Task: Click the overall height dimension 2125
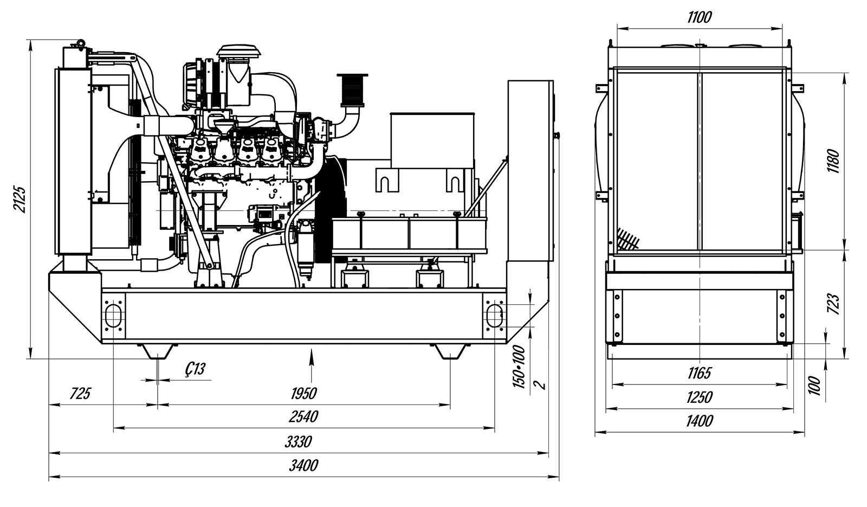pyautogui.click(x=20, y=200)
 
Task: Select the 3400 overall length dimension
pyautogui.click(x=304, y=465)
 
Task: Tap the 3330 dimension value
pyautogui.click(x=298, y=441)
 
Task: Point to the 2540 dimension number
pyautogui.click(x=303, y=417)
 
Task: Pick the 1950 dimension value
pyautogui.click(x=304, y=394)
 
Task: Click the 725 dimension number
pyautogui.click(x=80, y=394)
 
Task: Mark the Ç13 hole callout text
pyautogui.click(x=195, y=369)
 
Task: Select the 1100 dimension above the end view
pyautogui.click(x=700, y=17)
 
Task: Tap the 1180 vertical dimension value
pyautogui.click(x=833, y=161)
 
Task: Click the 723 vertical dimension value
pyautogui.click(x=833, y=304)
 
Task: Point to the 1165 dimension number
pyautogui.click(x=700, y=374)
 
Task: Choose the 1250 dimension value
pyautogui.click(x=700, y=397)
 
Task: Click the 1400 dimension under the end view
pyautogui.click(x=700, y=421)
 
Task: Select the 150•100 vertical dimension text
pyautogui.click(x=520, y=367)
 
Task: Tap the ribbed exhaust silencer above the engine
pyautogui.click(x=352, y=90)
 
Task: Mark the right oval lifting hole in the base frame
pyautogui.click(x=494, y=316)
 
